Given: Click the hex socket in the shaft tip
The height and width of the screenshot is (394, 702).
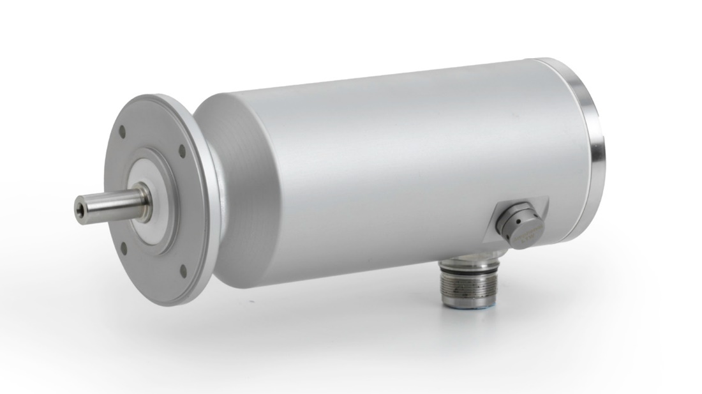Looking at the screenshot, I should pos(80,204).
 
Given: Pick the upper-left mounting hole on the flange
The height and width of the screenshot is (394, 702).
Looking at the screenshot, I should pos(123,135).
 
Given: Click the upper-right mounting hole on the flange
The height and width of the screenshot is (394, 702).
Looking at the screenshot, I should pos(182,151).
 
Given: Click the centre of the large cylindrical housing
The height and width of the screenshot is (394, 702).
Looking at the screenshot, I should pos(396,172).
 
